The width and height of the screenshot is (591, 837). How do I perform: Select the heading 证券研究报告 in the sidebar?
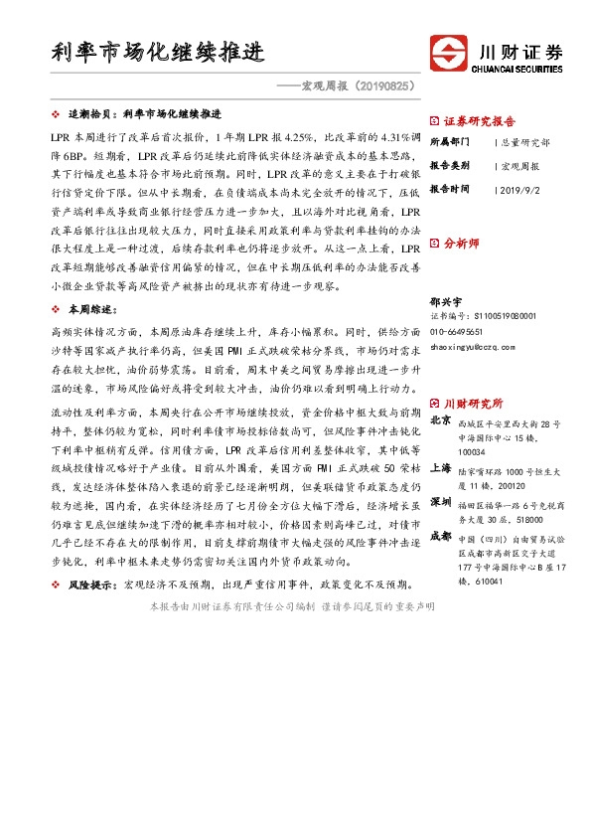[x=481, y=118]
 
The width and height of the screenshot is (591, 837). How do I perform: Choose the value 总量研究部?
[x=526, y=142]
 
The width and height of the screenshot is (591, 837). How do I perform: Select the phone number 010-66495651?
[x=457, y=331]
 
